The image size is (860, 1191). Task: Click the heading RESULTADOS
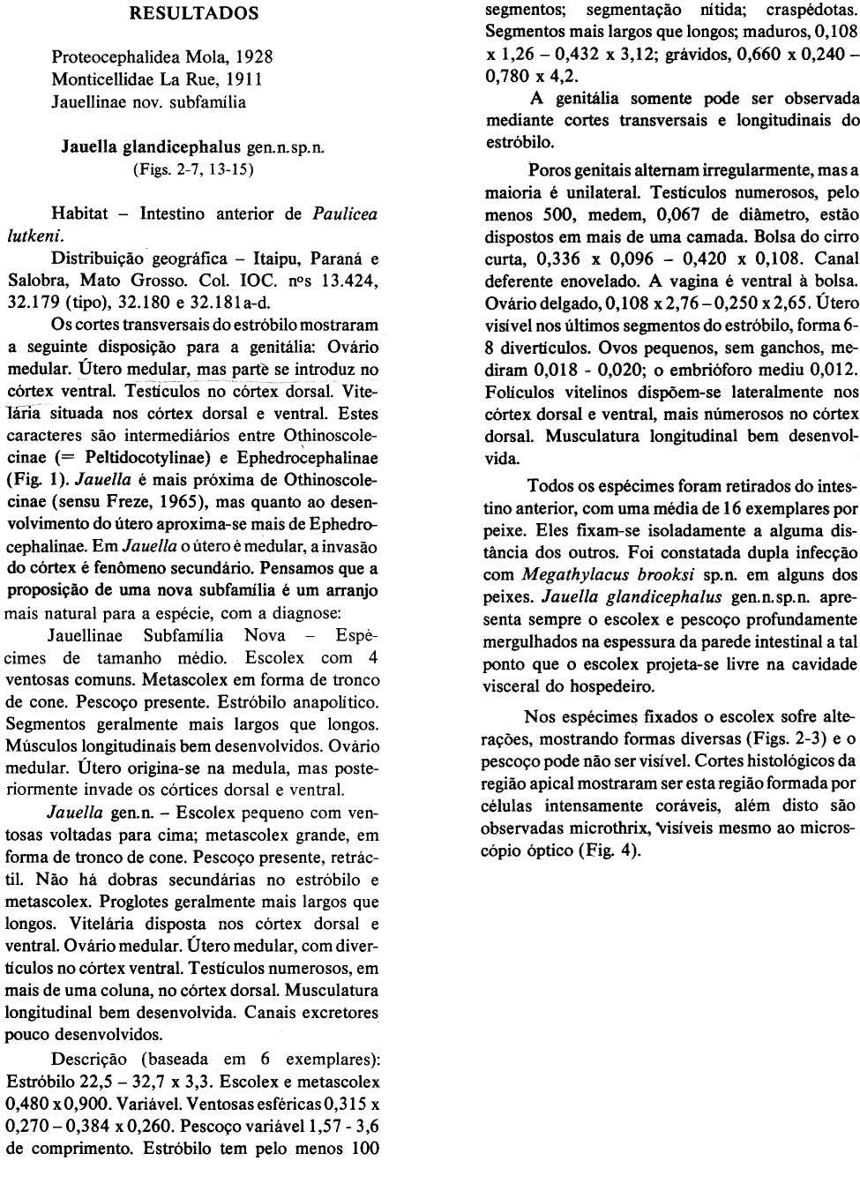[x=194, y=13]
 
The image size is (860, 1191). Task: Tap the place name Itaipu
[x=277, y=259]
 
